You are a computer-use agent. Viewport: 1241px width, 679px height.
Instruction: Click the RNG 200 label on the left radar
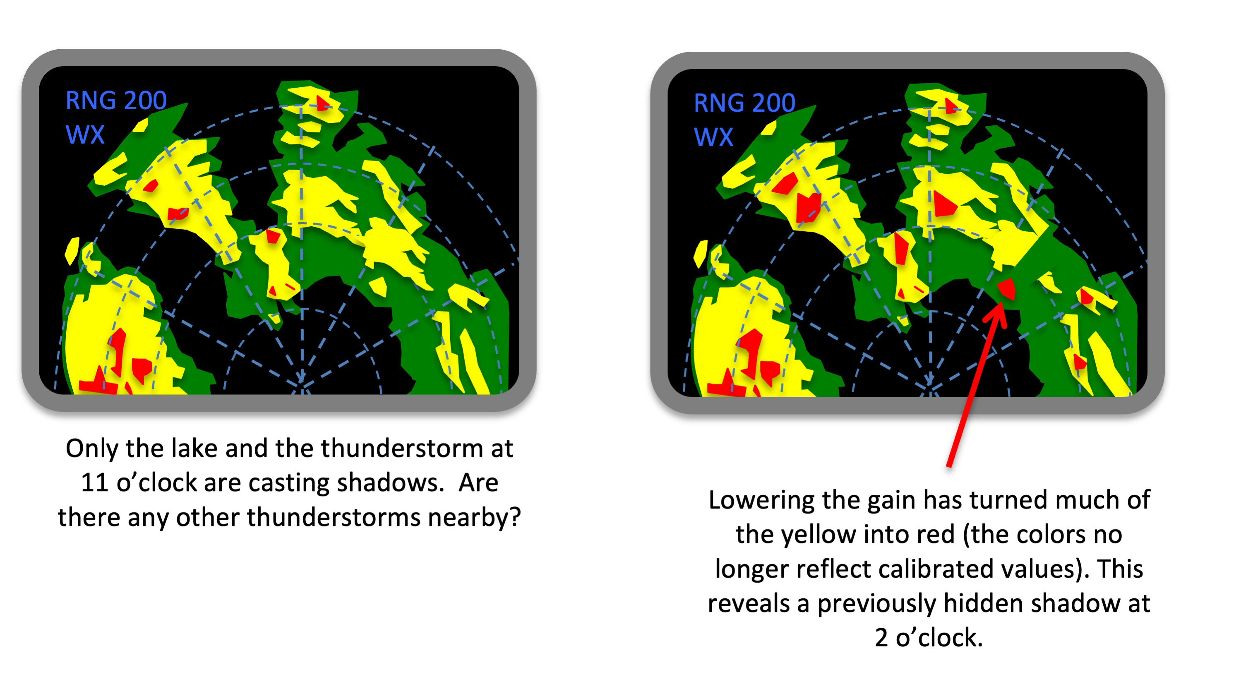click(x=116, y=101)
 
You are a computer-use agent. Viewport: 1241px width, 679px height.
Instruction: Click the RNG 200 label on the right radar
click(x=744, y=103)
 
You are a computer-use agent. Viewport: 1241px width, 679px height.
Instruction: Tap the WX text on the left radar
click(x=85, y=135)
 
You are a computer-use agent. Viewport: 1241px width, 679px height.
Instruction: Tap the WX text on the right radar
click(x=713, y=137)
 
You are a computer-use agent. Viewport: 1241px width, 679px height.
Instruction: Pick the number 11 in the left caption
click(x=94, y=482)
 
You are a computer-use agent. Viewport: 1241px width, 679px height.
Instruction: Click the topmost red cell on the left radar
click(x=322, y=103)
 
